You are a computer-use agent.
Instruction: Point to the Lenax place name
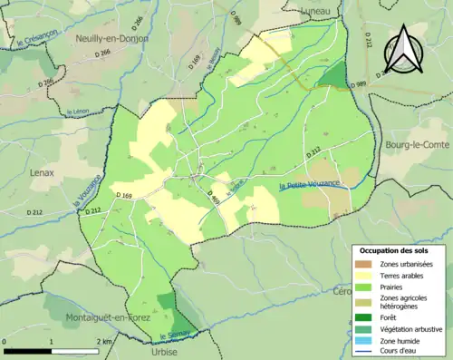[42, 172]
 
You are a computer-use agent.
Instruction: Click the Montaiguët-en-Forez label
[107, 318]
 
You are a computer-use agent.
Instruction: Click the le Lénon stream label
[79, 112]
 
